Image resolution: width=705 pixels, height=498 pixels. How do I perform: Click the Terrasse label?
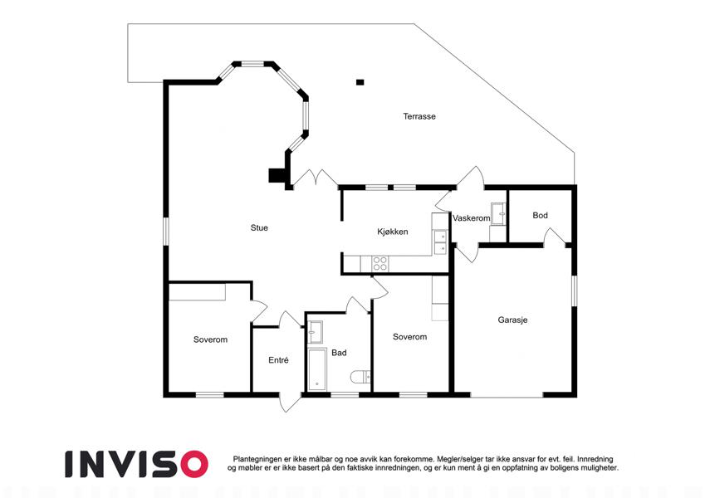[419, 116]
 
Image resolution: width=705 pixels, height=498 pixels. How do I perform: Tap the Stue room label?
[259, 228]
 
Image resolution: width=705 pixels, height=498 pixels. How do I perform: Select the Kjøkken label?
[393, 232]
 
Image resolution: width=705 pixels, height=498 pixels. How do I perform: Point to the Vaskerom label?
[471, 218]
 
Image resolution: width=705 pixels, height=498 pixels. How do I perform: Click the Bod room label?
[540, 215]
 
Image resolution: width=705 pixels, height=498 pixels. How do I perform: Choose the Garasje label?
[512, 320]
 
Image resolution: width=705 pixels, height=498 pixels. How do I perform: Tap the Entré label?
[278, 360]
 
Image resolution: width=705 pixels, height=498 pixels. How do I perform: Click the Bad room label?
[339, 353]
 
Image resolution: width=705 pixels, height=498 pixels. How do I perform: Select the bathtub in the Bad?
[317, 369]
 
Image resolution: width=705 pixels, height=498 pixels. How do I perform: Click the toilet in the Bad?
[361, 377]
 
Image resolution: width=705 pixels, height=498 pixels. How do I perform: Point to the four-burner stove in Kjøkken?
[380, 263]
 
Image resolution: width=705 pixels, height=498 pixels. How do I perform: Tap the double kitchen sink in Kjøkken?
[440, 242]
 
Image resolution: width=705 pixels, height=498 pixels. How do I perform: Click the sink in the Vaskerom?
[498, 213]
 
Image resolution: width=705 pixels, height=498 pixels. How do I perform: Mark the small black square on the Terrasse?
[360, 82]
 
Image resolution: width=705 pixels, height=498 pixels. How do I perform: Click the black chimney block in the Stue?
[277, 175]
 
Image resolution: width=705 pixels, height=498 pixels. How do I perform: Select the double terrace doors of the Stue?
[316, 177]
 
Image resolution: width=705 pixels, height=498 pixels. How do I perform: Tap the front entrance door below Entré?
[290, 403]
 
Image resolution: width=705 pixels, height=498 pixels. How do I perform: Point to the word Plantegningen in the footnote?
[257, 459]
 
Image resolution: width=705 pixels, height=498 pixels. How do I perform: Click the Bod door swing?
[555, 237]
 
